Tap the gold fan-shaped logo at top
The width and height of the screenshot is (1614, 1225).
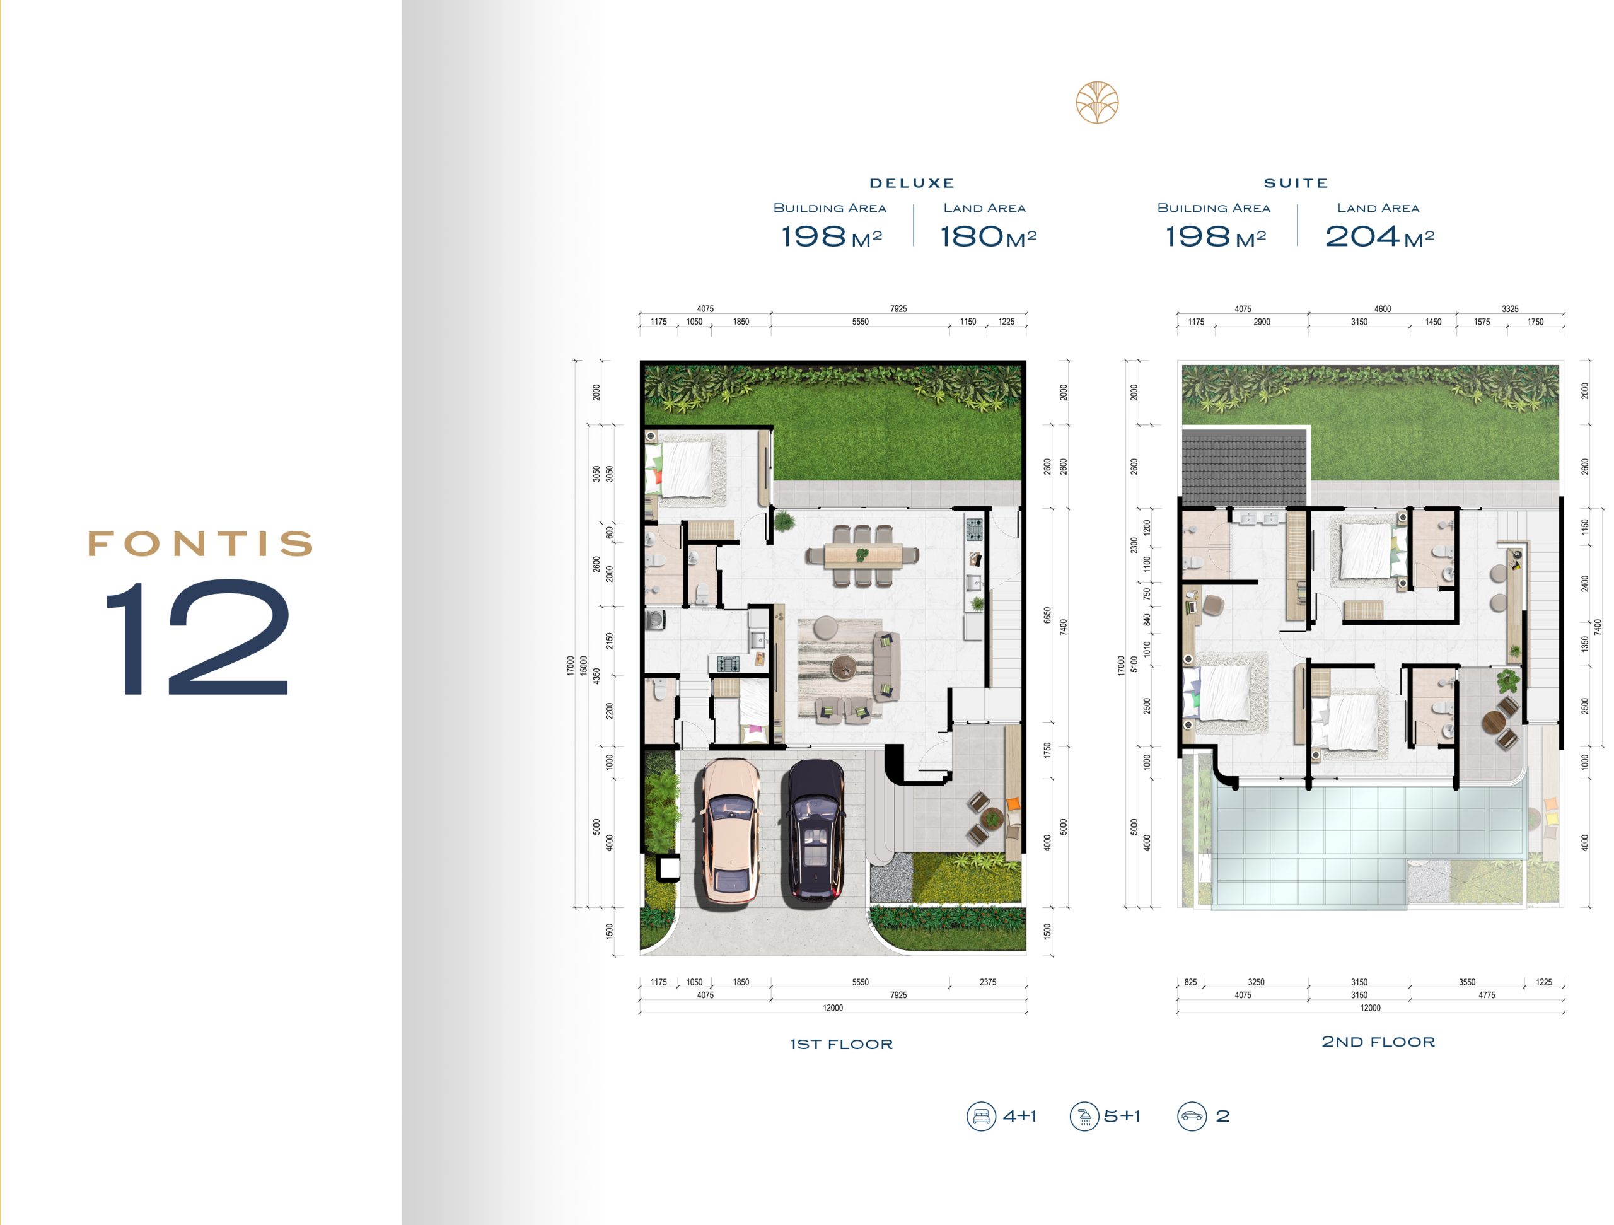1096,102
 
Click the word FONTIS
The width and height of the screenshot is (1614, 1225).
200,543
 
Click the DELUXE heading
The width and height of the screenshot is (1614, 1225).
912,183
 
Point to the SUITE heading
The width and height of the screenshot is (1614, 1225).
1296,183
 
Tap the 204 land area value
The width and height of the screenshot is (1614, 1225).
1362,236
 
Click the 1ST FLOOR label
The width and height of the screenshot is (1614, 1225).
841,1044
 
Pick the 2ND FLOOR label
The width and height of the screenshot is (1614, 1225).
1378,1042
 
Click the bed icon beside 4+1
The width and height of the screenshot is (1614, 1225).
982,1117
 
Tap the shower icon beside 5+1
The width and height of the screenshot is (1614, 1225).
1084,1117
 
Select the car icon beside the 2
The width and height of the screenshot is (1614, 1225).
1192,1117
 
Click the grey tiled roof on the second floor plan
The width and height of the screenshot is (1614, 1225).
1243,467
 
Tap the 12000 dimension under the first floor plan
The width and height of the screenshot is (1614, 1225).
833,1007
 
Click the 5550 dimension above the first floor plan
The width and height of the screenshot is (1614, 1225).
860,322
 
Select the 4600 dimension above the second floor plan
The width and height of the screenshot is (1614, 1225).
1382,309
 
